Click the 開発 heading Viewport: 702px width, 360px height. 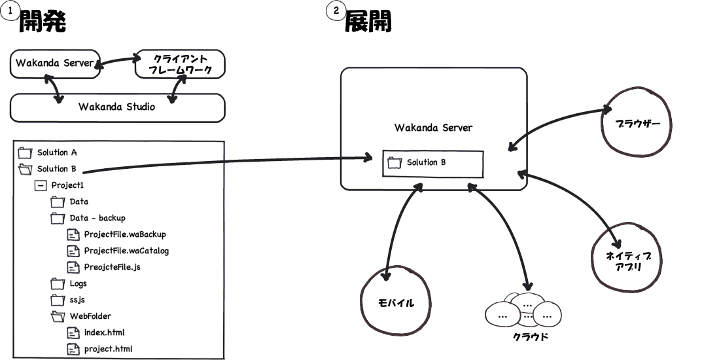[x=43, y=22]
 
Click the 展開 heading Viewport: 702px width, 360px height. [x=368, y=22]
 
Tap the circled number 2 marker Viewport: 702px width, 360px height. [x=336, y=10]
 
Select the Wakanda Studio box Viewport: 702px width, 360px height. [x=117, y=107]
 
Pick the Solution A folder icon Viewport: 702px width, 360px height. [x=26, y=153]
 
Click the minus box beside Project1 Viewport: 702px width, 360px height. [x=41, y=185]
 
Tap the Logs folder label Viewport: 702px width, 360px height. [x=79, y=284]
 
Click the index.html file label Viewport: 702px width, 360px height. [x=104, y=333]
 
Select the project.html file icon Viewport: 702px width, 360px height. [x=74, y=349]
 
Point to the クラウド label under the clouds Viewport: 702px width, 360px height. [x=530, y=338]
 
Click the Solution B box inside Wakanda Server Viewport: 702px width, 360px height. [x=432, y=163]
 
